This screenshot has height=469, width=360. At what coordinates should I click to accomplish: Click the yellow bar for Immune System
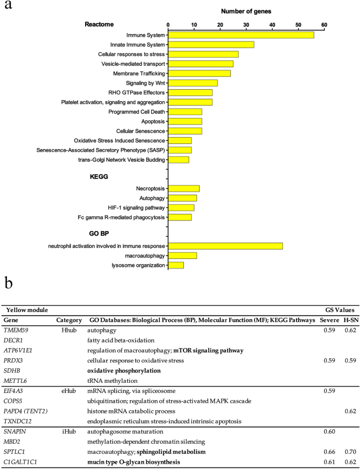click(x=241, y=35)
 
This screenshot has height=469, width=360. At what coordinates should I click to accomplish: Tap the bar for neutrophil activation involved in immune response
click(x=225, y=246)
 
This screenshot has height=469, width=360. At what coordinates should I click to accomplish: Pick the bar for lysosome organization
click(x=176, y=265)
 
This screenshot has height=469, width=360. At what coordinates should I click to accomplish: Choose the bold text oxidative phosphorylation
click(x=124, y=370)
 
